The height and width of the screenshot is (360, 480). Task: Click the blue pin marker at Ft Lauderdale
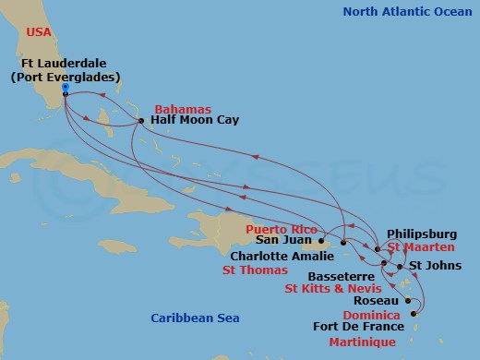pos(66,90)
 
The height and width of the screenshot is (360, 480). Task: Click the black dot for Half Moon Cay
pos(140,121)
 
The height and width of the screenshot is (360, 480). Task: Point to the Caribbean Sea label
pos(195,318)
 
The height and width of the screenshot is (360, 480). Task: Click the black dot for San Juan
pos(322,242)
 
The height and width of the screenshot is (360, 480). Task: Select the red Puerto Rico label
pos(279,227)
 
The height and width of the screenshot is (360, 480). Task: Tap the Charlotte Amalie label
pos(280,257)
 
